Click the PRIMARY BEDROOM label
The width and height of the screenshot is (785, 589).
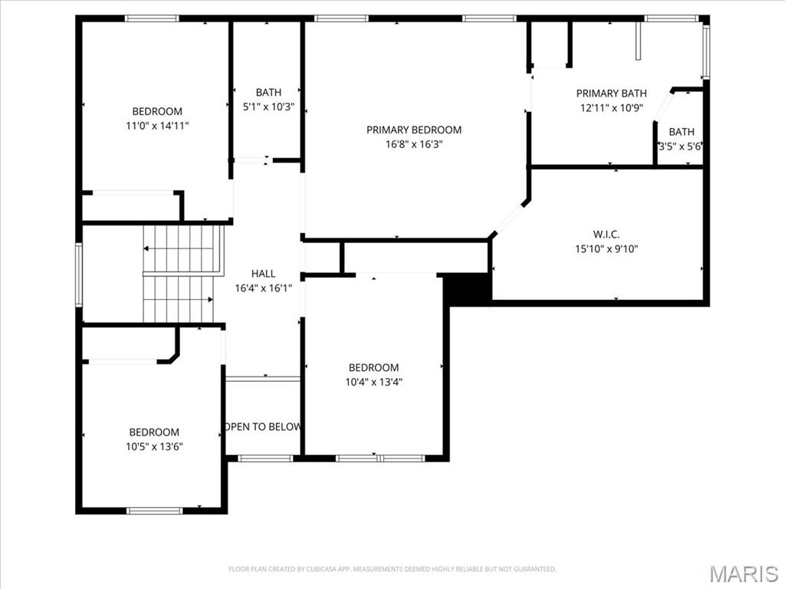tap(413, 130)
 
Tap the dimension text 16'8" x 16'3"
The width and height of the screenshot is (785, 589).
tap(413, 143)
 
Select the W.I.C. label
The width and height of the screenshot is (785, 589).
tap(606, 234)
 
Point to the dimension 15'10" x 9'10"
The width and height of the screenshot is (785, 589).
tap(606, 248)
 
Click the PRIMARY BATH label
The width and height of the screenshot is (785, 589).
tap(611, 94)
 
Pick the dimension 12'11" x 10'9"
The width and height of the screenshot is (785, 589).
tap(611, 108)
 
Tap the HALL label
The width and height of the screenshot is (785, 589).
tap(263, 274)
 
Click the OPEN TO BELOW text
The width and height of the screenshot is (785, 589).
tap(263, 426)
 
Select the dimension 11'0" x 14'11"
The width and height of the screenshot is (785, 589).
tap(157, 126)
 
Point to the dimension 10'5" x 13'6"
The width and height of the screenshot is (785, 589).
tap(154, 446)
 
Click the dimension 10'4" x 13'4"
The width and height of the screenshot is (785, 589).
tap(373, 382)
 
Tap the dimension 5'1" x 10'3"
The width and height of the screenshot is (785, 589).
tap(268, 107)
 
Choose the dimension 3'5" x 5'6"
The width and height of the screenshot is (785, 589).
tap(681, 146)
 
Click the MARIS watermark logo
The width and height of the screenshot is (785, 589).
tap(743, 573)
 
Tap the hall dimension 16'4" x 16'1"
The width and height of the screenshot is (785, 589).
tap(263, 288)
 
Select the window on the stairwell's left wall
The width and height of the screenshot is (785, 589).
tap(78, 275)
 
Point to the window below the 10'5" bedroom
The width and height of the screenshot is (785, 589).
tap(154, 510)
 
